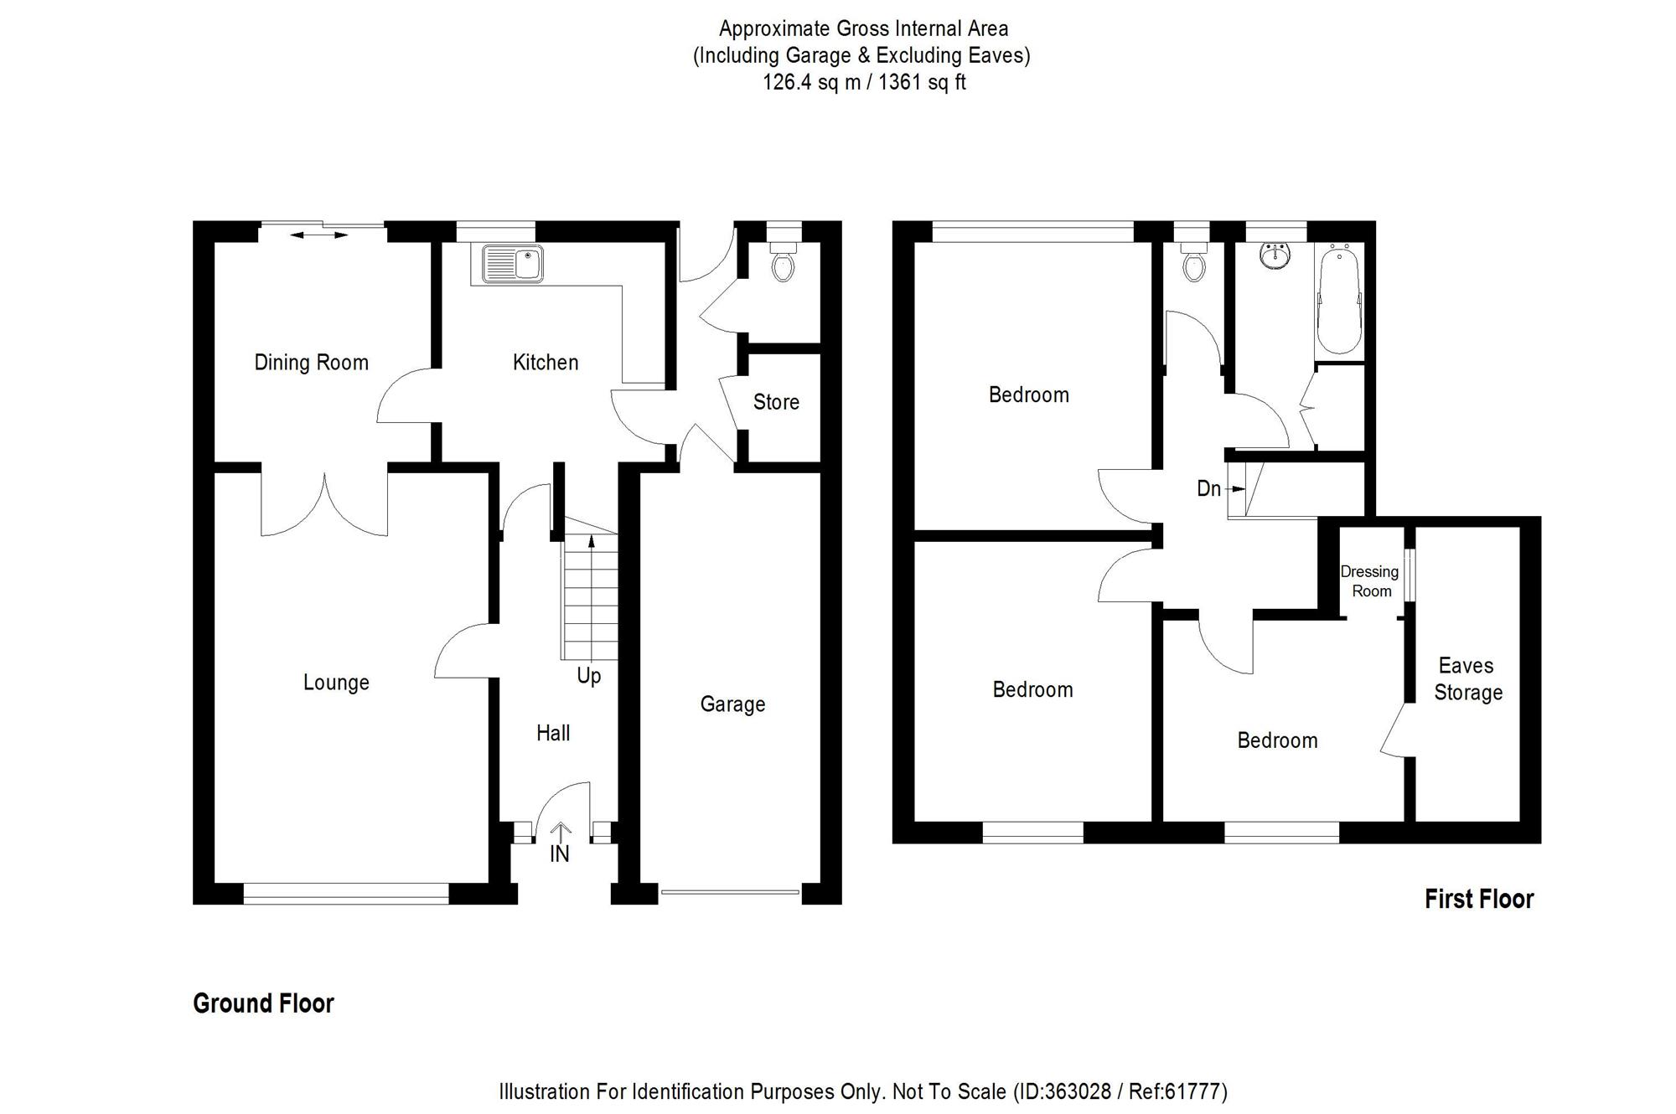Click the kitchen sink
point(513,264)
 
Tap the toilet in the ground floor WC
point(784,264)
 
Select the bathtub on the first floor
point(1339,300)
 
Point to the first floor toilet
point(1193,264)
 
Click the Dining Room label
point(311,363)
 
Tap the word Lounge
point(336,683)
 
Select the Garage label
point(732,704)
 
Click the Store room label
point(776,402)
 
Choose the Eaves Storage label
point(1467,679)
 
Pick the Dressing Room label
point(1370,581)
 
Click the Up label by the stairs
point(588,676)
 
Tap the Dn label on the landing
point(1208,488)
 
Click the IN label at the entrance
point(559,854)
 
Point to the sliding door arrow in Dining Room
point(318,235)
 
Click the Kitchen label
point(546,363)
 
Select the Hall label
point(553,734)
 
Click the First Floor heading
point(1479,900)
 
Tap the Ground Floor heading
point(263,1003)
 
